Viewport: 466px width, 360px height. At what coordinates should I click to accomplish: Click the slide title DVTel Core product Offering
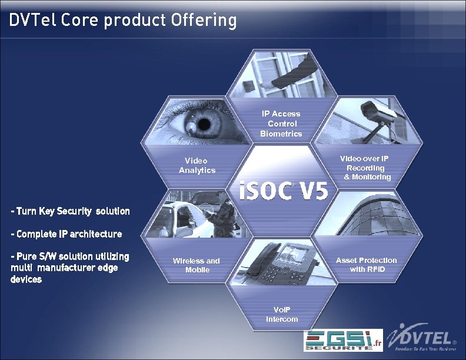pyautogui.click(x=123, y=21)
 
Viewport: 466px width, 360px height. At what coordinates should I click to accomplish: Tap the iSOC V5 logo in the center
pyautogui.click(x=284, y=191)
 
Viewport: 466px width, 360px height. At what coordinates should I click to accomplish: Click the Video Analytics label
pyautogui.click(x=197, y=165)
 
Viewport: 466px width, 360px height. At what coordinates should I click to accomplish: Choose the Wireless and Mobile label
pyautogui.click(x=197, y=265)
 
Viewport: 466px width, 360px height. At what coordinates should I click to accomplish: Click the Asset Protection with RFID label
pyautogui.click(x=366, y=264)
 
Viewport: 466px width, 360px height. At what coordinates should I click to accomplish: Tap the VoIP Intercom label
pyautogui.click(x=282, y=314)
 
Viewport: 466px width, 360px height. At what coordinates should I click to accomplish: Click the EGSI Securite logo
pyautogui.click(x=342, y=341)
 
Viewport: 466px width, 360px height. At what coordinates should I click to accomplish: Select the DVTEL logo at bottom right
pyautogui.click(x=423, y=340)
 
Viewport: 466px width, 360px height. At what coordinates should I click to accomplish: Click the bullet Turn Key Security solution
pyautogui.click(x=70, y=211)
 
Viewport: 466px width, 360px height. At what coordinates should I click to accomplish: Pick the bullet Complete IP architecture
pyautogui.click(x=66, y=234)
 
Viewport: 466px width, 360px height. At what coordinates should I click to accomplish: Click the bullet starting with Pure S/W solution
pyautogui.click(x=69, y=268)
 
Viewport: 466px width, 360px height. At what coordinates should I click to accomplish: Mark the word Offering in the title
pyautogui.click(x=204, y=21)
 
